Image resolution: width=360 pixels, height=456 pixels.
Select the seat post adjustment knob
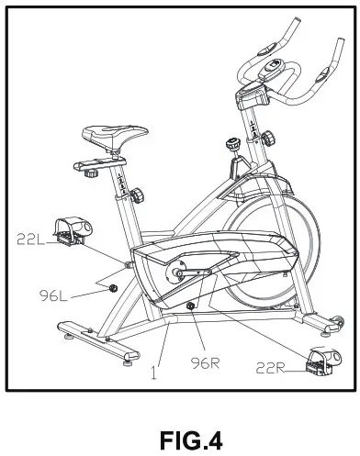coord(137,195)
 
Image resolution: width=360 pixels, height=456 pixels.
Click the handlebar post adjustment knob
coord(268,139)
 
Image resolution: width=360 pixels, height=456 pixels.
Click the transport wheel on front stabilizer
coord(321,323)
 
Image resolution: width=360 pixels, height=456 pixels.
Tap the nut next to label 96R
coord(190,306)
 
